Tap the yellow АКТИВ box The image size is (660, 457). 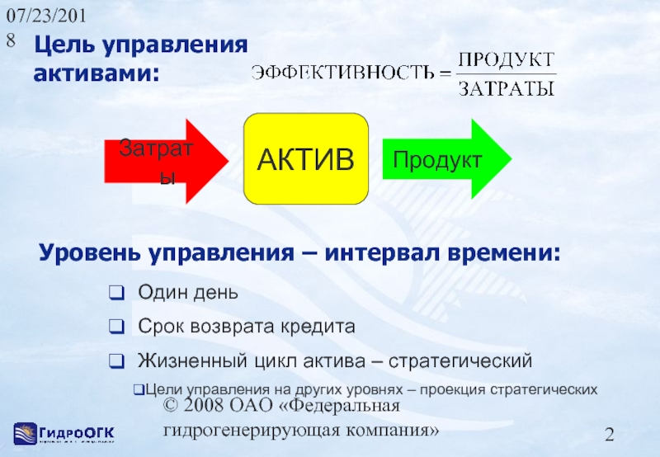pos(305,159)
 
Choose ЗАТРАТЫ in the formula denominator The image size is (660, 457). pos(506,87)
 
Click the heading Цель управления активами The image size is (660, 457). pos(140,59)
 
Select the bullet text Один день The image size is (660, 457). pos(188,292)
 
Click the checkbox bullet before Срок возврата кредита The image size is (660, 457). pos(116,327)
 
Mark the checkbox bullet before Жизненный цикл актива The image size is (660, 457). pos(116,361)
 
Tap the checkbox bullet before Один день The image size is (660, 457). pos(116,293)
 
